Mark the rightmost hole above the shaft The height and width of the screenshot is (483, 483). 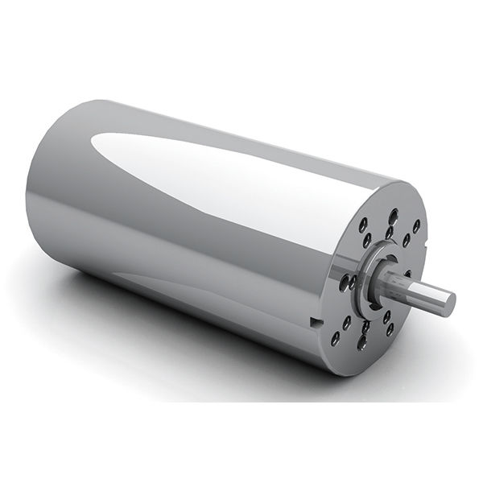[417, 227]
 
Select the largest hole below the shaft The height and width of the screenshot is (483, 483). [361, 342]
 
